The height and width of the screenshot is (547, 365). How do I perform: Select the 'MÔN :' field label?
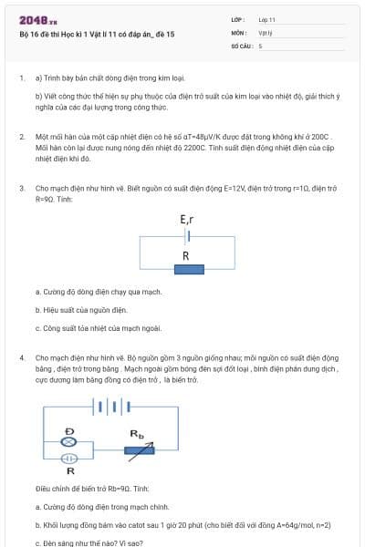coord(239,32)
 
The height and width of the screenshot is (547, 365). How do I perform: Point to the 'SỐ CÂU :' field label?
coord(242,45)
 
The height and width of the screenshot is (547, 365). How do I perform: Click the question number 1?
coord(22,78)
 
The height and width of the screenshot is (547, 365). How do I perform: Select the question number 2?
coord(22,136)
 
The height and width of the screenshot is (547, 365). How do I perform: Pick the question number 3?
coord(22,188)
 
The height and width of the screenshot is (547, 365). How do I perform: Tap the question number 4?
coord(22,358)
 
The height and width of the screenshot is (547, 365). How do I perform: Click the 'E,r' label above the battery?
coord(187,220)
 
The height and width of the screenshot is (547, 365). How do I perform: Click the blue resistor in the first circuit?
coord(187,270)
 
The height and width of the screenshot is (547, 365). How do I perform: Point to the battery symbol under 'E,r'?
coord(187,236)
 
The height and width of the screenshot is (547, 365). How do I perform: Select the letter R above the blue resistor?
coord(186,256)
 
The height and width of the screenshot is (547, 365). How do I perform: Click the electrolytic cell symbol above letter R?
coord(68,458)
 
